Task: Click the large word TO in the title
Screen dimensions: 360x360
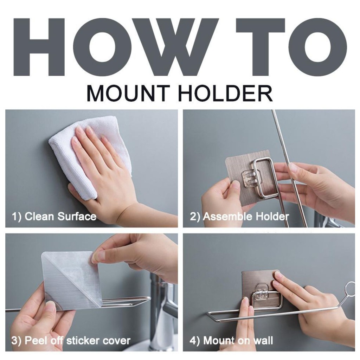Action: [291, 47]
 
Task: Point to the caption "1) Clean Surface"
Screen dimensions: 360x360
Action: [54, 217]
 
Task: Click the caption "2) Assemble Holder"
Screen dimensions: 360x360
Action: [239, 217]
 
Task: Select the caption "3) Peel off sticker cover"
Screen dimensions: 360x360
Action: [71, 340]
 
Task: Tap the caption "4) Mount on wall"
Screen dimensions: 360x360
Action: [231, 340]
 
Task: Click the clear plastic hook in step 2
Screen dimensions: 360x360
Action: [251, 178]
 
